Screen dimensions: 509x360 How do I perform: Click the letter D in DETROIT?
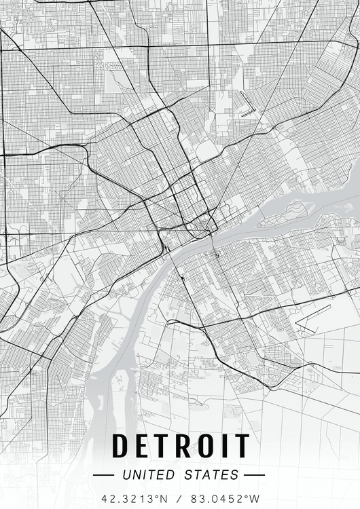(120, 446)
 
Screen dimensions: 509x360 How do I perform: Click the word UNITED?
(147, 475)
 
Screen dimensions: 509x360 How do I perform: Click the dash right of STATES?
(253, 475)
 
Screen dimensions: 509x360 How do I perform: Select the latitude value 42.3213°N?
(134, 498)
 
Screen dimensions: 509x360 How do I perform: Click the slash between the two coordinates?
(180, 498)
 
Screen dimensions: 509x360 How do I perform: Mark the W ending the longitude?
(255, 498)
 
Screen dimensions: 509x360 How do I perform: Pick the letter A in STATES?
(204, 475)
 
